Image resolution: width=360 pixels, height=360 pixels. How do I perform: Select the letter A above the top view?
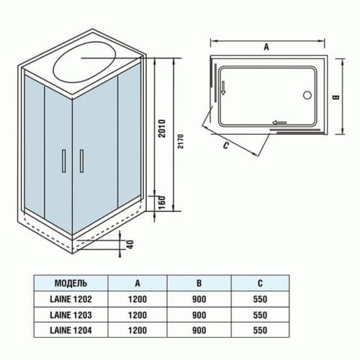(x=266, y=47)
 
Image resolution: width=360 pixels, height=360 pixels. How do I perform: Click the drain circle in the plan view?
(x=308, y=94)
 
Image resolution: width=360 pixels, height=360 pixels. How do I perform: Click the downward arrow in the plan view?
(x=223, y=89)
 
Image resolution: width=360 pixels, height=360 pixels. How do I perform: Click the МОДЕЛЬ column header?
(x=71, y=282)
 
